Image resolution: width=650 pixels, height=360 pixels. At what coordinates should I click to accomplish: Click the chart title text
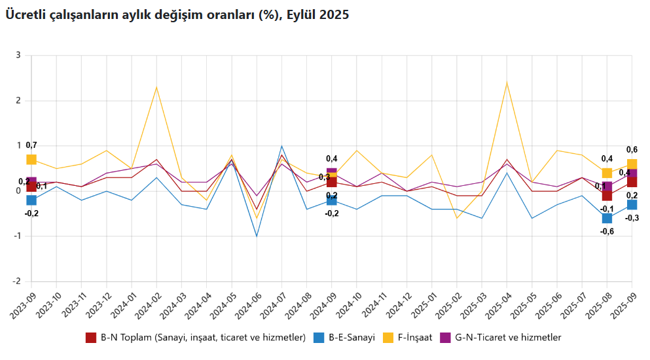[177, 15]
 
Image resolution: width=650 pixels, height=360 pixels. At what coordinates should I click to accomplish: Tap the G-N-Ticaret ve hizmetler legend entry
[508, 338]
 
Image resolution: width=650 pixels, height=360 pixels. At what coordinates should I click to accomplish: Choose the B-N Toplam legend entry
[203, 338]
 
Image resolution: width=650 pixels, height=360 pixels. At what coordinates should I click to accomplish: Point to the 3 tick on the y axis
[18, 56]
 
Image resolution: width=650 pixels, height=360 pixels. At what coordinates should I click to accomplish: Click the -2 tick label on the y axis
[16, 281]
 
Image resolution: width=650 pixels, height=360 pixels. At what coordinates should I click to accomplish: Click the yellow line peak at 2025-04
[507, 82]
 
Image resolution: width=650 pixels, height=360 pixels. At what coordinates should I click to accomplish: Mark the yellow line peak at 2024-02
[156, 87]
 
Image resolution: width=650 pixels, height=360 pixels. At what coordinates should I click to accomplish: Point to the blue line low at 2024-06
[257, 236]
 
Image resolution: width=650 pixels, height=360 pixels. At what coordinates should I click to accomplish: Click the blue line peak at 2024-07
[281, 146]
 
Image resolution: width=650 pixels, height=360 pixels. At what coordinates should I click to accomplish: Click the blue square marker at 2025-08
[607, 218]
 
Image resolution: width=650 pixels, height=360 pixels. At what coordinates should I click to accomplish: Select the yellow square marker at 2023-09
[31, 160]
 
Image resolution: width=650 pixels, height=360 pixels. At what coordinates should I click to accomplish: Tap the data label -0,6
[607, 231]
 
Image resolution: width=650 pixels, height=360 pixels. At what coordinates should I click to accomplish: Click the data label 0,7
[31, 145]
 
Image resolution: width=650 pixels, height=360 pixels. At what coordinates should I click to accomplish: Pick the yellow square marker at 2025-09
[632, 164]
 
